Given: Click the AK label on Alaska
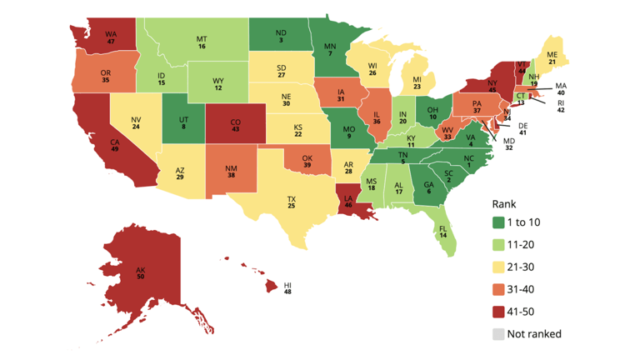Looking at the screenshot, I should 141,268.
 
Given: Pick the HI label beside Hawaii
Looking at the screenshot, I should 287,283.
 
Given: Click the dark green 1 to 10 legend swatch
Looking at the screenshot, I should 497,222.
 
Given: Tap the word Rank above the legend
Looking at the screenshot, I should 504,202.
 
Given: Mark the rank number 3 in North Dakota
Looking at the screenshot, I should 281,39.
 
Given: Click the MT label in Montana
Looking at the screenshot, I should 202,38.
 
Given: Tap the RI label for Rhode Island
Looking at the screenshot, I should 561,102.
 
